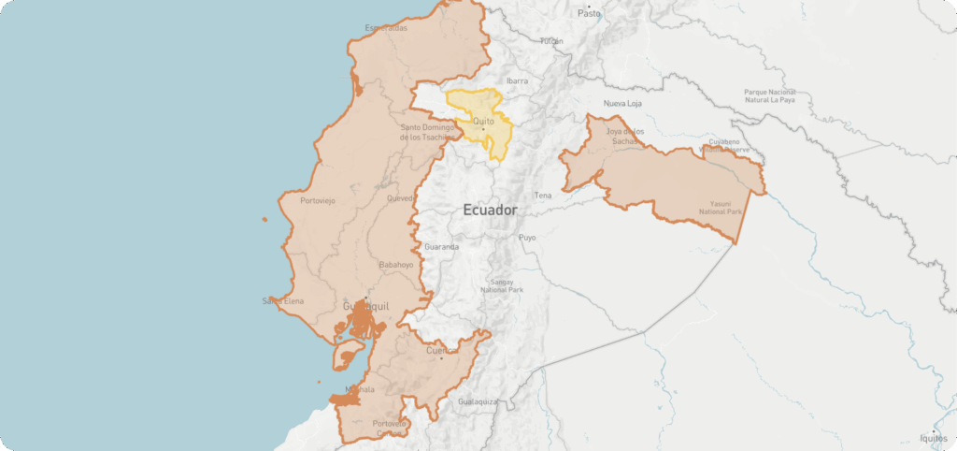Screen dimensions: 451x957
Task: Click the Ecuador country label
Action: [x=490, y=211]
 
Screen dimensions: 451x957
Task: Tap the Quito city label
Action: [x=483, y=121]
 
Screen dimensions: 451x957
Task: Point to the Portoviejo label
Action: [x=317, y=201]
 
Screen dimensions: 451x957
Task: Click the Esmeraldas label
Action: [x=386, y=28]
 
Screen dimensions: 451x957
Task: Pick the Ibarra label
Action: [x=518, y=81]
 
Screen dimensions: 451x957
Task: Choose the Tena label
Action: [x=543, y=196]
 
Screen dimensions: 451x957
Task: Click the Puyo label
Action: [x=528, y=238]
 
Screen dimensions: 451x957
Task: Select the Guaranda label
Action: [x=441, y=247]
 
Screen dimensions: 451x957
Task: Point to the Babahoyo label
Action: [x=395, y=265]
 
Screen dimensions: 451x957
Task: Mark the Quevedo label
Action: [x=399, y=198]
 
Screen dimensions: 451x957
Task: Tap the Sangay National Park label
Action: [x=502, y=286]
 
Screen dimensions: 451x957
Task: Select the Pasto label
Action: [x=589, y=13]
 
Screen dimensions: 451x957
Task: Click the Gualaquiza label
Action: [x=478, y=401]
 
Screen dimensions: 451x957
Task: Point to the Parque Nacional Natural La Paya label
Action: [x=769, y=97]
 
